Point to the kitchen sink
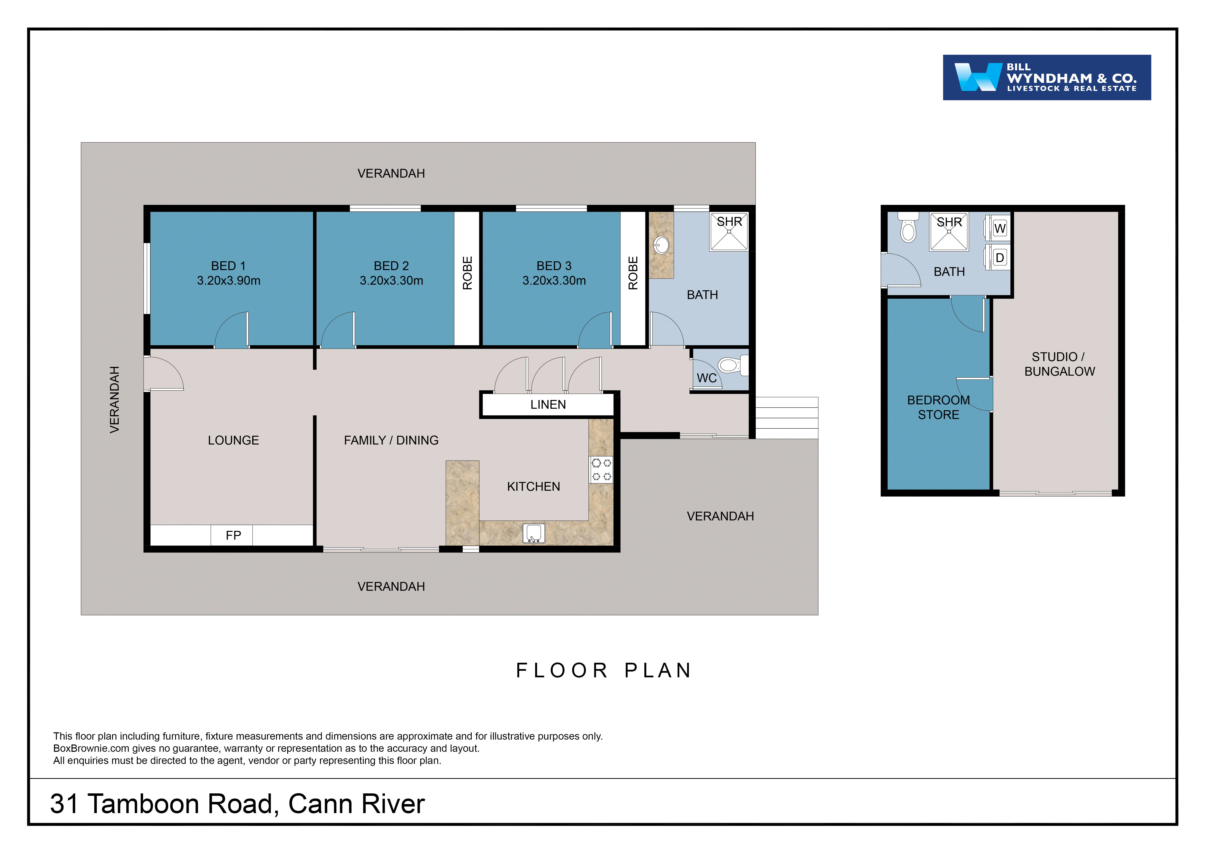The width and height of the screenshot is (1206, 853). pos(534,533)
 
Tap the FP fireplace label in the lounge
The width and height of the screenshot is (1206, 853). pos(233,535)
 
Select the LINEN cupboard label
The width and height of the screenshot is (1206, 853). pos(548,404)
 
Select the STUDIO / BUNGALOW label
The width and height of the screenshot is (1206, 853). pos(1059,364)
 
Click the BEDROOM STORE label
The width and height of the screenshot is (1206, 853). pos(938,407)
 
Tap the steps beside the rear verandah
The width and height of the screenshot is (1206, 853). pos(786,417)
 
